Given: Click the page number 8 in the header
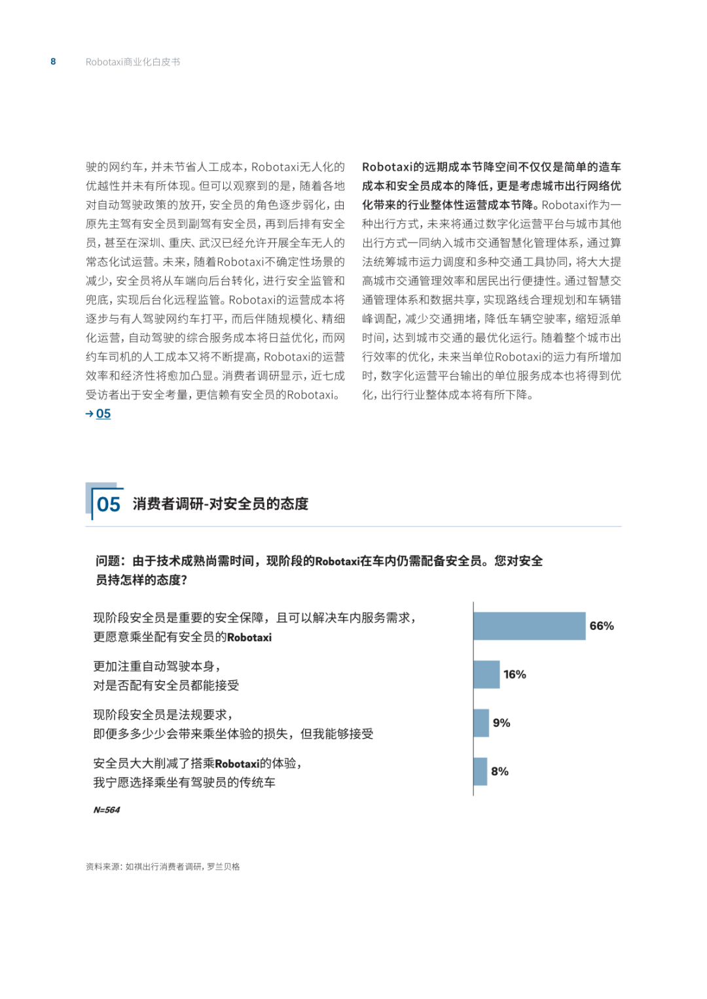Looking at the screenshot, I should [53, 61].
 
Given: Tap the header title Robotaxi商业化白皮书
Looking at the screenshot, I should [133, 62].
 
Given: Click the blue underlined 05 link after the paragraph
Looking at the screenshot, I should [103, 413].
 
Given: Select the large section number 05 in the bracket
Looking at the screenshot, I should [109, 504].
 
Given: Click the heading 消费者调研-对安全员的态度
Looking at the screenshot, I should [221, 504].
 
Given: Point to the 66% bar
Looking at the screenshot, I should [529, 626].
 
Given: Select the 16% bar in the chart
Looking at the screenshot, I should [486, 675].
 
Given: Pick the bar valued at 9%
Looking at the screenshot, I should [481, 723].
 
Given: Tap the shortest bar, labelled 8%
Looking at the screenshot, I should [480, 771].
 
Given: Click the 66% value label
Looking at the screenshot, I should [602, 626].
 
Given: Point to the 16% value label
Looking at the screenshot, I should [515, 675].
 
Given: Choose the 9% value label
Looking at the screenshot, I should [501, 723].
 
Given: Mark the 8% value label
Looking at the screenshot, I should [499, 771].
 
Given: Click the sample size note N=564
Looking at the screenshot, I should [107, 810].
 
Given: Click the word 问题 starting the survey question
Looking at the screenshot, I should [108, 561].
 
